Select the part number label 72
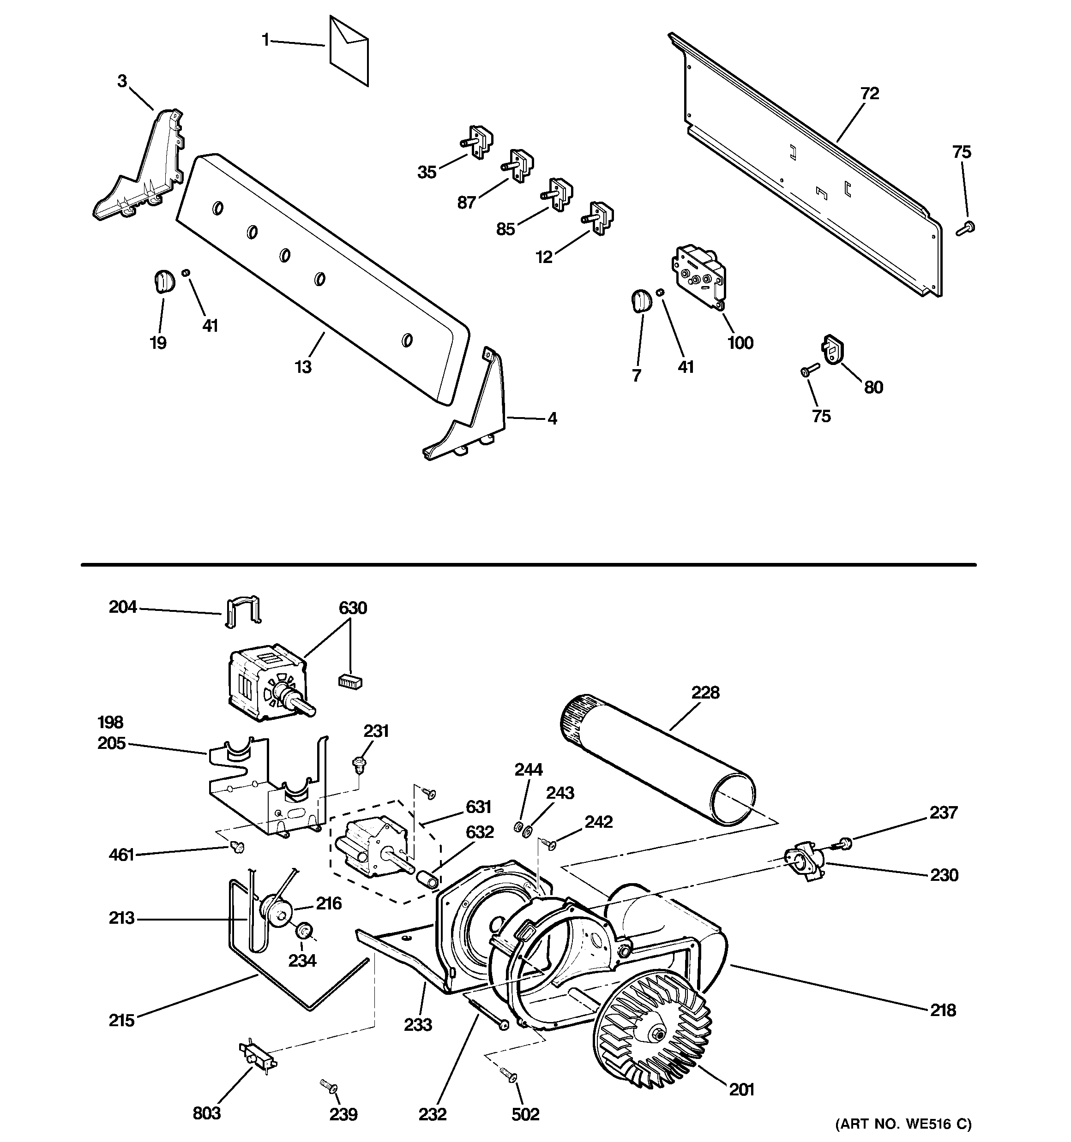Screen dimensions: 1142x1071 869,94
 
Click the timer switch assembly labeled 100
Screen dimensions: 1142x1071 697,276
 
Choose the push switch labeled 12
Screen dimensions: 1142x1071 599,218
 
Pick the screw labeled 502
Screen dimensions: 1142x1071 508,1074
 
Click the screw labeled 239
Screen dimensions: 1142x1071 328,1086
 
